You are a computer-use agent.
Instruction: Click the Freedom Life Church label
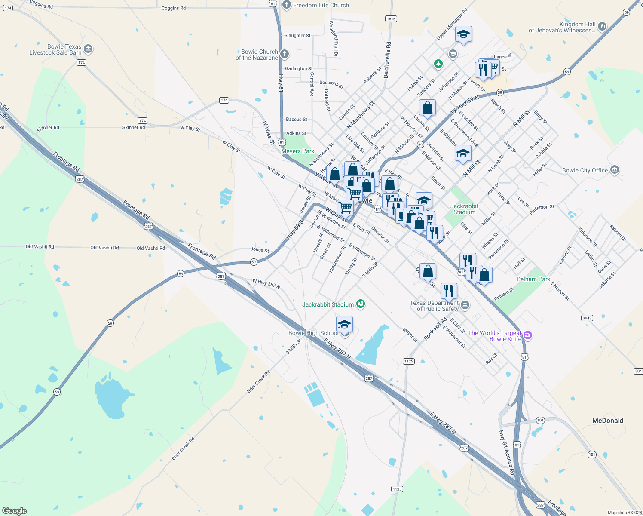[x=321, y=5]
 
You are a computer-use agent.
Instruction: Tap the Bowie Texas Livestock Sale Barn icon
[x=88, y=49]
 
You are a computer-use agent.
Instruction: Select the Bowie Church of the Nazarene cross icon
[x=284, y=54]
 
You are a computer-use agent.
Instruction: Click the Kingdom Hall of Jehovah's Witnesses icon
[x=602, y=27]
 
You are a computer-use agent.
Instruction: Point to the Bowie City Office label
[x=585, y=170]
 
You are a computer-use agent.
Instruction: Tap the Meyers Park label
[x=297, y=151]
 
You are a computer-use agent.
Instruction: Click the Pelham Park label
[x=533, y=279]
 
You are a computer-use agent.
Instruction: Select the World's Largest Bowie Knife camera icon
[x=528, y=335]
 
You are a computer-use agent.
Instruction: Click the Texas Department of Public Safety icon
[x=465, y=305]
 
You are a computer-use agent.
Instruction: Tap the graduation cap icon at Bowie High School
[x=344, y=324]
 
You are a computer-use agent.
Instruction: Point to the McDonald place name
[x=607, y=421]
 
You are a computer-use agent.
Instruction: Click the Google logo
[x=15, y=510]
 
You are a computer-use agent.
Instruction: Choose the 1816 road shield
[x=391, y=18]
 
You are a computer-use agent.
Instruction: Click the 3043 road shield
[x=587, y=318]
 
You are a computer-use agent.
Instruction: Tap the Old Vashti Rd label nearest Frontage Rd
[x=150, y=248]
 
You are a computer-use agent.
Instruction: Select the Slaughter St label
[x=297, y=36]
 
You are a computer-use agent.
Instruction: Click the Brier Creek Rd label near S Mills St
[x=258, y=382]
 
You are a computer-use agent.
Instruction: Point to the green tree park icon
[x=438, y=64]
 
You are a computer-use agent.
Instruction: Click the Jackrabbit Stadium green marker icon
[x=361, y=304]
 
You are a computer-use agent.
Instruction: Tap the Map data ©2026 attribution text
[x=624, y=512]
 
